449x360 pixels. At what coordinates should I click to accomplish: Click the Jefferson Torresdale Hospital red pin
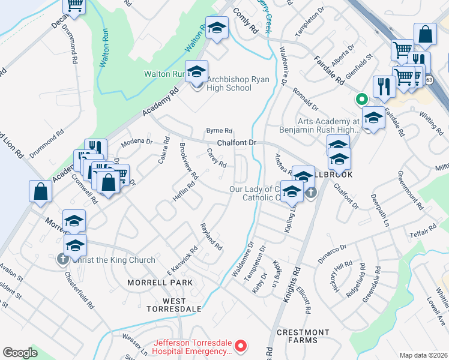click(x=241, y=346)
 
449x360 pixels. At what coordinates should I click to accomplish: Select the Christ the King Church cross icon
click(x=62, y=259)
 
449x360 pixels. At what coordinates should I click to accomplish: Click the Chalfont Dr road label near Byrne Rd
click(x=237, y=143)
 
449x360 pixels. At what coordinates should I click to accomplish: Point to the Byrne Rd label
click(x=219, y=130)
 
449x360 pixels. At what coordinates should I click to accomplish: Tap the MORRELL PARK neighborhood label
click(x=160, y=282)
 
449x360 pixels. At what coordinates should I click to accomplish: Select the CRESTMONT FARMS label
click(x=303, y=336)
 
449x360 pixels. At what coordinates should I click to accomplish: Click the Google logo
click(x=20, y=352)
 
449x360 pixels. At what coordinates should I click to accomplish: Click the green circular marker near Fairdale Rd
click(x=361, y=99)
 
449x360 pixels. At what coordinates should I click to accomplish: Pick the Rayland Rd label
click(x=211, y=236)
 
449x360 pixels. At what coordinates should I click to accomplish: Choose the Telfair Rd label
click(x=423, y=232)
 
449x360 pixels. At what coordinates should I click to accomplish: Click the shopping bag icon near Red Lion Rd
click(x=40, y=191)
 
